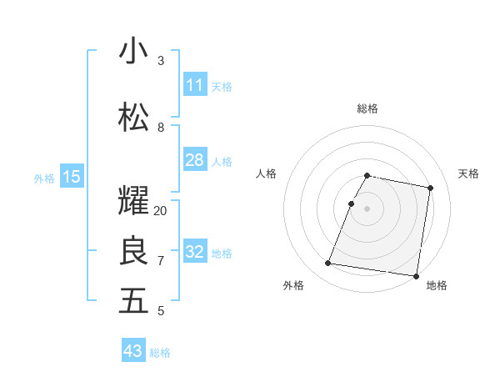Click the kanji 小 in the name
133,51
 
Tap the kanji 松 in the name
133,118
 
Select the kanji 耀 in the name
133,201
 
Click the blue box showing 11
194,85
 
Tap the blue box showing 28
194,160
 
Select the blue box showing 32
194,252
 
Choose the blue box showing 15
71,177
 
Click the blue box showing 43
133,351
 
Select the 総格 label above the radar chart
367,108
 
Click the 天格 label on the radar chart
468,173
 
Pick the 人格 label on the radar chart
266,173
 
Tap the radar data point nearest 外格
327,264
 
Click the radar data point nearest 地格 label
416,275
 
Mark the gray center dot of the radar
367,209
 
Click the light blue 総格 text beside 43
160,353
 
